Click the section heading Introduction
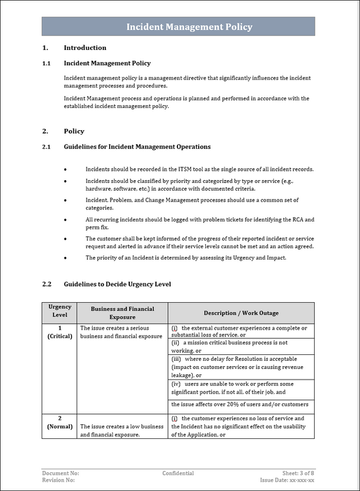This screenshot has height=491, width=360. coord(85,47)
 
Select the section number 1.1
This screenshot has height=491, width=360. coord(47,63)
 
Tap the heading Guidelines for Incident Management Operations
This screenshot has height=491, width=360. coord(137,147)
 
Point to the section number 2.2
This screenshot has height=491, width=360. coord(47,284)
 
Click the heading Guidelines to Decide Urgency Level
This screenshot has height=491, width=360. coord(117,284)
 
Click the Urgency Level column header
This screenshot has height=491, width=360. coord(59,312)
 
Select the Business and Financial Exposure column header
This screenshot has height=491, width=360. coord(122,312)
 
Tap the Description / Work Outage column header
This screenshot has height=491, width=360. coord(241,313)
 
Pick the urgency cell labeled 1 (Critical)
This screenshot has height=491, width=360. coord(59,332)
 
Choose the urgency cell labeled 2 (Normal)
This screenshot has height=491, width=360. coord(59,422)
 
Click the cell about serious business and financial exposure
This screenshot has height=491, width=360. coord(121,332)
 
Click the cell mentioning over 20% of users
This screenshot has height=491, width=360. coord(239,404)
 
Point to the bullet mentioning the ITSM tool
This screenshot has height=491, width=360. coord(199,169)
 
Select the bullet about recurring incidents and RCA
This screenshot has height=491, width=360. coord(199,223)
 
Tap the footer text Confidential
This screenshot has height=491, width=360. coord(178,473)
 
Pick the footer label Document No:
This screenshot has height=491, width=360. coord(61,473)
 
